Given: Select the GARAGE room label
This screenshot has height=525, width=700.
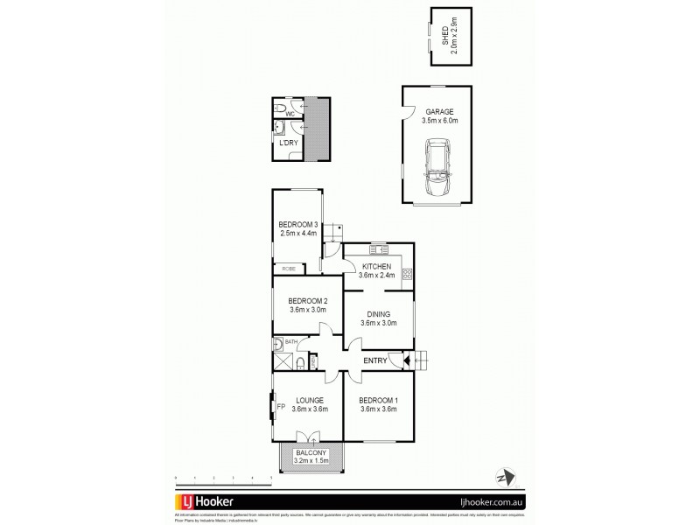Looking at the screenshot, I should [437, 113].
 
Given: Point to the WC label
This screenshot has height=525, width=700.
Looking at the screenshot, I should [289, 113].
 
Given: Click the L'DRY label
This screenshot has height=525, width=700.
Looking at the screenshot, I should [288, 142].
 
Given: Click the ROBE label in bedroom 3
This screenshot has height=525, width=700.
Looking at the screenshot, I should [287, 268].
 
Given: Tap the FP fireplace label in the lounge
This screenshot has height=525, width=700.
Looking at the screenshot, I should [282, 407].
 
